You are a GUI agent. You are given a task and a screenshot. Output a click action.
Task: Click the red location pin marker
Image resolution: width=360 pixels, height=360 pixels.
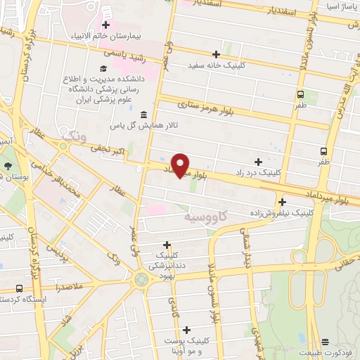point(181,165)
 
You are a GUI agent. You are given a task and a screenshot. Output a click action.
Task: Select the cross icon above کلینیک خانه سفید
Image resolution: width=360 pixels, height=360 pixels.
point(216,54)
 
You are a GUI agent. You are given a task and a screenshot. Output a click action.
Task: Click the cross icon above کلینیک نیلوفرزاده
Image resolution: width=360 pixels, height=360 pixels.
point(282,202)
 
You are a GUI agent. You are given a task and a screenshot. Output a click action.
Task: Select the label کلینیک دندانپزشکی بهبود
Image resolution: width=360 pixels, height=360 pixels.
point(166,261)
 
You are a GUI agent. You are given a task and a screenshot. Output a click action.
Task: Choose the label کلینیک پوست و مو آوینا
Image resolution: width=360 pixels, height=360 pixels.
point(186,345)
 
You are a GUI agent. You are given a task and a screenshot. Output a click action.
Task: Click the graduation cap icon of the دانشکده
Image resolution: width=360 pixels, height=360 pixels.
point(103,68)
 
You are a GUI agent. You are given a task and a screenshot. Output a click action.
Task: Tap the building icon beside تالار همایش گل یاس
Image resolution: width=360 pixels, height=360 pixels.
point(143,114)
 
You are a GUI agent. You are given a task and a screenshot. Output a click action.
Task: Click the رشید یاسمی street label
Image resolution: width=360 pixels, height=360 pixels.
point(124,53)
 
